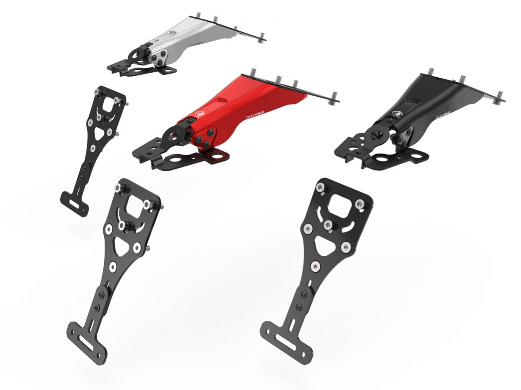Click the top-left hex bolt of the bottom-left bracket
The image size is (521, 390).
tap(118, 188)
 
